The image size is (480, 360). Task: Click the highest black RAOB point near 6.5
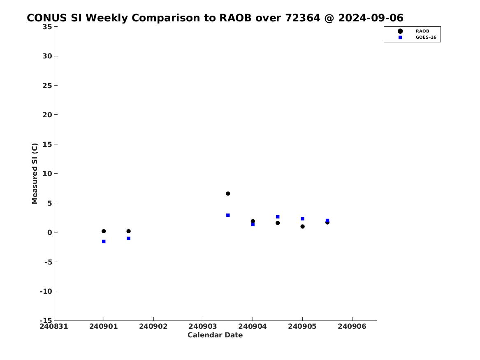228,193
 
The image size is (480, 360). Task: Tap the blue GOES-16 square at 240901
104,242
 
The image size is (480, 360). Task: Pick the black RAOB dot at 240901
104,231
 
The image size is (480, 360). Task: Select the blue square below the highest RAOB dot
228,215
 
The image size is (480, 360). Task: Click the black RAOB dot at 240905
302,227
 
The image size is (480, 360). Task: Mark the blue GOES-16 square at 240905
302,218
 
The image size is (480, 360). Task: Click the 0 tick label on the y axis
50,232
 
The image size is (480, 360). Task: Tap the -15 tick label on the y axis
46,320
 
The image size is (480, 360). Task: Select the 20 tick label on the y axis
47,115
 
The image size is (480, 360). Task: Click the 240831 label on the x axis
54,326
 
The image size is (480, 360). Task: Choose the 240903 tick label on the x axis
203,326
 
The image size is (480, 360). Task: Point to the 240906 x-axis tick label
352,326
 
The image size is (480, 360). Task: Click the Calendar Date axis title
215,335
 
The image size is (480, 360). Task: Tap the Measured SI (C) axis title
35,174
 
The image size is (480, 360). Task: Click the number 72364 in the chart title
303,18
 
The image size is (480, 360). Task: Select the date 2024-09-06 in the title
371,18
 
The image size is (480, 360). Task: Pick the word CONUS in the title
47,18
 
